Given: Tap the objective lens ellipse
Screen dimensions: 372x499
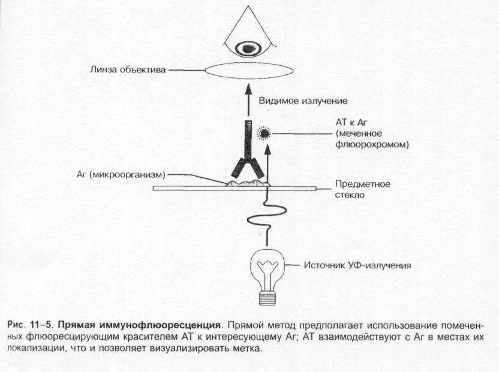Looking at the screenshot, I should point(248,70).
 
